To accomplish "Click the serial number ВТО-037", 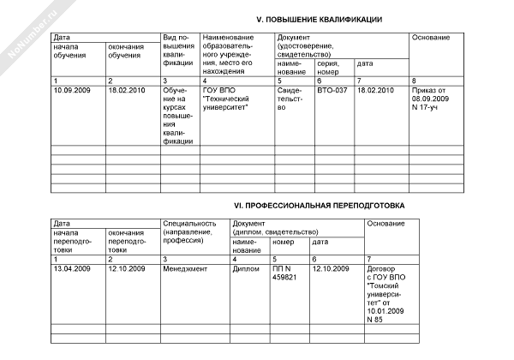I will pyautogui.click(x=332, y=89).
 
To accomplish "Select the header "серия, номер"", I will pyautogui.click(x=329, y=67).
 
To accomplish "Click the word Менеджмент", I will pyautogui.click(x=185, y=269).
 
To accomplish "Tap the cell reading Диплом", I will pyautogui.click(x=246, y=269).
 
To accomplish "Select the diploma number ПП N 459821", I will pyautogui.click(x=284, y=273).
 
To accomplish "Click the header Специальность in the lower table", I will pyautogui.click(x=192, y=232).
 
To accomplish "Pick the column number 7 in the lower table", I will pyautogui.click(x=368, y=259).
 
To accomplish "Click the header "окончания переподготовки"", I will pyautogui.click(x=128, y=242).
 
